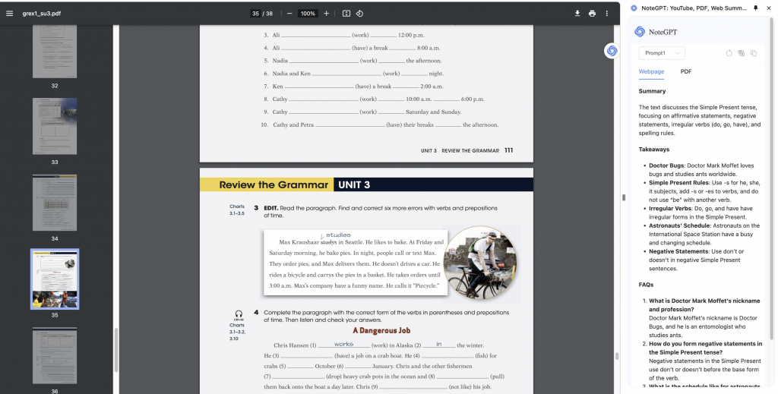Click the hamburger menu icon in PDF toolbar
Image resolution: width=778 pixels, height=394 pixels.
point(10,14)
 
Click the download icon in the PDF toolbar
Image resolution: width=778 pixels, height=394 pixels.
point(577,14)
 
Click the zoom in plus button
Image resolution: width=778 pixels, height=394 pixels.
point(327,14)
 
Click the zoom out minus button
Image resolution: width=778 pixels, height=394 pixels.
point(289,14)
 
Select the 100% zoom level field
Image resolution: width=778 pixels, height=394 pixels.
point(308,14)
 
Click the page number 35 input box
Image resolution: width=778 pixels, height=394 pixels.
point(256,14)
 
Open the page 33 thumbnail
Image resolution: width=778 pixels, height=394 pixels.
point(55,127)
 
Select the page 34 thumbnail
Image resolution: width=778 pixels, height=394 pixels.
point(55,203)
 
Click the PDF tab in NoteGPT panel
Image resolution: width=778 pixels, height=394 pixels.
point(685,71)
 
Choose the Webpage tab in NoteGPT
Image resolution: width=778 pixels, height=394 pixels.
point(651,71)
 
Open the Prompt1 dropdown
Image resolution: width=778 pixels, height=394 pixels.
point(663,53)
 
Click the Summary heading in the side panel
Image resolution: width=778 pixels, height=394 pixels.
point(652,91)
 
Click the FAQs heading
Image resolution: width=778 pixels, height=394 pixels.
point(647,285)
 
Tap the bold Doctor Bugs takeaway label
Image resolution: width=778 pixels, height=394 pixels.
point(666,165)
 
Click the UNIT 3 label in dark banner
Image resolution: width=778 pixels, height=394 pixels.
point(354,184)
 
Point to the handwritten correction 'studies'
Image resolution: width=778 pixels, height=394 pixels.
point(338,235)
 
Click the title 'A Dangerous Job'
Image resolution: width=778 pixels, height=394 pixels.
point(381,331)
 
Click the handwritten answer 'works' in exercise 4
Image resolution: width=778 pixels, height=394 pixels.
point(343,344)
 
